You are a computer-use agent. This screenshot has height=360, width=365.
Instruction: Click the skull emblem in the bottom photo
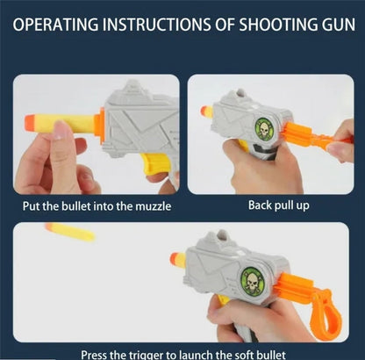tap(253, 281)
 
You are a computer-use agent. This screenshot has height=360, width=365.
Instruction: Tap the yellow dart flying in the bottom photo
tap(70, 233)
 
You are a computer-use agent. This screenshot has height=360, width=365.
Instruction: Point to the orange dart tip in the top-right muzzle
tap(208, 112)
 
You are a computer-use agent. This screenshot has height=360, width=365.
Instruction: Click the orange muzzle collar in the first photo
tap(98, 128)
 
